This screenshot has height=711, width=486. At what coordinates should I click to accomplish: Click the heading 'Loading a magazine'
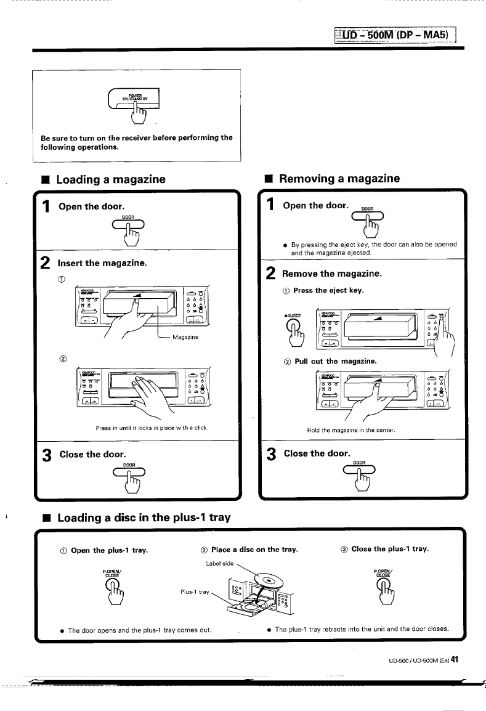pos(111,179)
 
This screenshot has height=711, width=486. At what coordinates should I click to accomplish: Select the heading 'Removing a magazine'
pos(339,179)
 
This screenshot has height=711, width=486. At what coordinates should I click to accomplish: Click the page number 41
pos(455,660)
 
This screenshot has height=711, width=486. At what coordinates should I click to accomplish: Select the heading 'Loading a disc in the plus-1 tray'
pos(144,517)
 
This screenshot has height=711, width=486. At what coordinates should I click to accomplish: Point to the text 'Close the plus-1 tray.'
pos(389,548)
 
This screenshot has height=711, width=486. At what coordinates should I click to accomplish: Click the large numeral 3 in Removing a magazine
pos(272,455)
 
